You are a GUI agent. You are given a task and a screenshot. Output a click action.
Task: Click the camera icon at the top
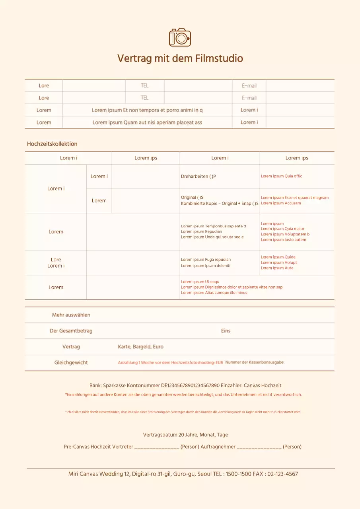pyautogui.click(x=180, y=37)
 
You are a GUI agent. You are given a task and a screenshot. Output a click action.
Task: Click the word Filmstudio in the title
pyautogui.click(x=219, y=58)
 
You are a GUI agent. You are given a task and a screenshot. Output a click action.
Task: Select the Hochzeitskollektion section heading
pyautogui.click(x=52, y=144)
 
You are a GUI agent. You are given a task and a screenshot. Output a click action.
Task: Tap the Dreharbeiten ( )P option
pyautogui.click(x=198, y=176)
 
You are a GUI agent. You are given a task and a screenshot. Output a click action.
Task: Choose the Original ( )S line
pyautogui.click(x=192, y=198)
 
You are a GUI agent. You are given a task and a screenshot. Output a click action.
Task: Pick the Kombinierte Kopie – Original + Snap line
pyautogui.click(x=220, y=204)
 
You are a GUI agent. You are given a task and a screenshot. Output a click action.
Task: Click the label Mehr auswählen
pyautogui.click(x=71, y=315)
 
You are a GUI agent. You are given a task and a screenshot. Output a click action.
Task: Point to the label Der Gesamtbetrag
pyautogui.click(x=71, y=331)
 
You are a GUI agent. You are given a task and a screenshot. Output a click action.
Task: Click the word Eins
pyautogui.click(x=226, y=331)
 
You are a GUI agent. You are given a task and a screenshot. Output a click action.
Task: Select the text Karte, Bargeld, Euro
pyautogui.click(x=140, y=347)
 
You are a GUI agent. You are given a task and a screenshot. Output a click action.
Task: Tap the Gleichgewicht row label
pyautogui.click(x=71, y=363)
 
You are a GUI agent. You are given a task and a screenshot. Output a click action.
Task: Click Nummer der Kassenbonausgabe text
pyautogui.click(x=255, y=363)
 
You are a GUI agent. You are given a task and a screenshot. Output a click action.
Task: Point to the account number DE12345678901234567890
pyautogui.click(x=190, y=385)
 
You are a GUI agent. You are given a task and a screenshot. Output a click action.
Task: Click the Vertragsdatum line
pyautogui.click(x=185, y=435)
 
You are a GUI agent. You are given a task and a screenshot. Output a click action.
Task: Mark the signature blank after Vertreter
pyautogui.click(x=157, y=447)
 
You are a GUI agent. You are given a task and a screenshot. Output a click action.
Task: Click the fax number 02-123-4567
pyautogui.click(x=282, y=474)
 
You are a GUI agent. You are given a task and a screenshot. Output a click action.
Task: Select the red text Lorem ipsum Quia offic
pyautogui.click(x=281, y=176)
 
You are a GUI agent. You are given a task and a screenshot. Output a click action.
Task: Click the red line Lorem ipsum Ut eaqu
pyautogui.click(x=200, y=282)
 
